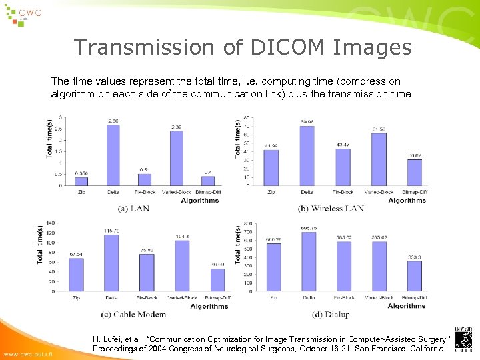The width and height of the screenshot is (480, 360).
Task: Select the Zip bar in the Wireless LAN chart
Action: tap(271, 167)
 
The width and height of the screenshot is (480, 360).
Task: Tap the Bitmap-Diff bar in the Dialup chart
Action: tap(415, 276)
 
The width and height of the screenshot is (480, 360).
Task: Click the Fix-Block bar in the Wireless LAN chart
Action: tap(343, 167)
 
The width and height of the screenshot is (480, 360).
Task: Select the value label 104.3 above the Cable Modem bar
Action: tap(181, 236)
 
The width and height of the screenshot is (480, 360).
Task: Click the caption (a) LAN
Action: tap(133, 208)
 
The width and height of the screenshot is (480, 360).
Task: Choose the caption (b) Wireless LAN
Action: tap(331, 208)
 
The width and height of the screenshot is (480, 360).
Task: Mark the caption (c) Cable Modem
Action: tap(133, 314)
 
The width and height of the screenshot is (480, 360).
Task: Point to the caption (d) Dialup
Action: tap(331, 314)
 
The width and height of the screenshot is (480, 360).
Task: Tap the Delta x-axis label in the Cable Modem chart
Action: tap(111, 297)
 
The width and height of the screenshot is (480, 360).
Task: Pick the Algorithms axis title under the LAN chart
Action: tap(199, 200)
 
